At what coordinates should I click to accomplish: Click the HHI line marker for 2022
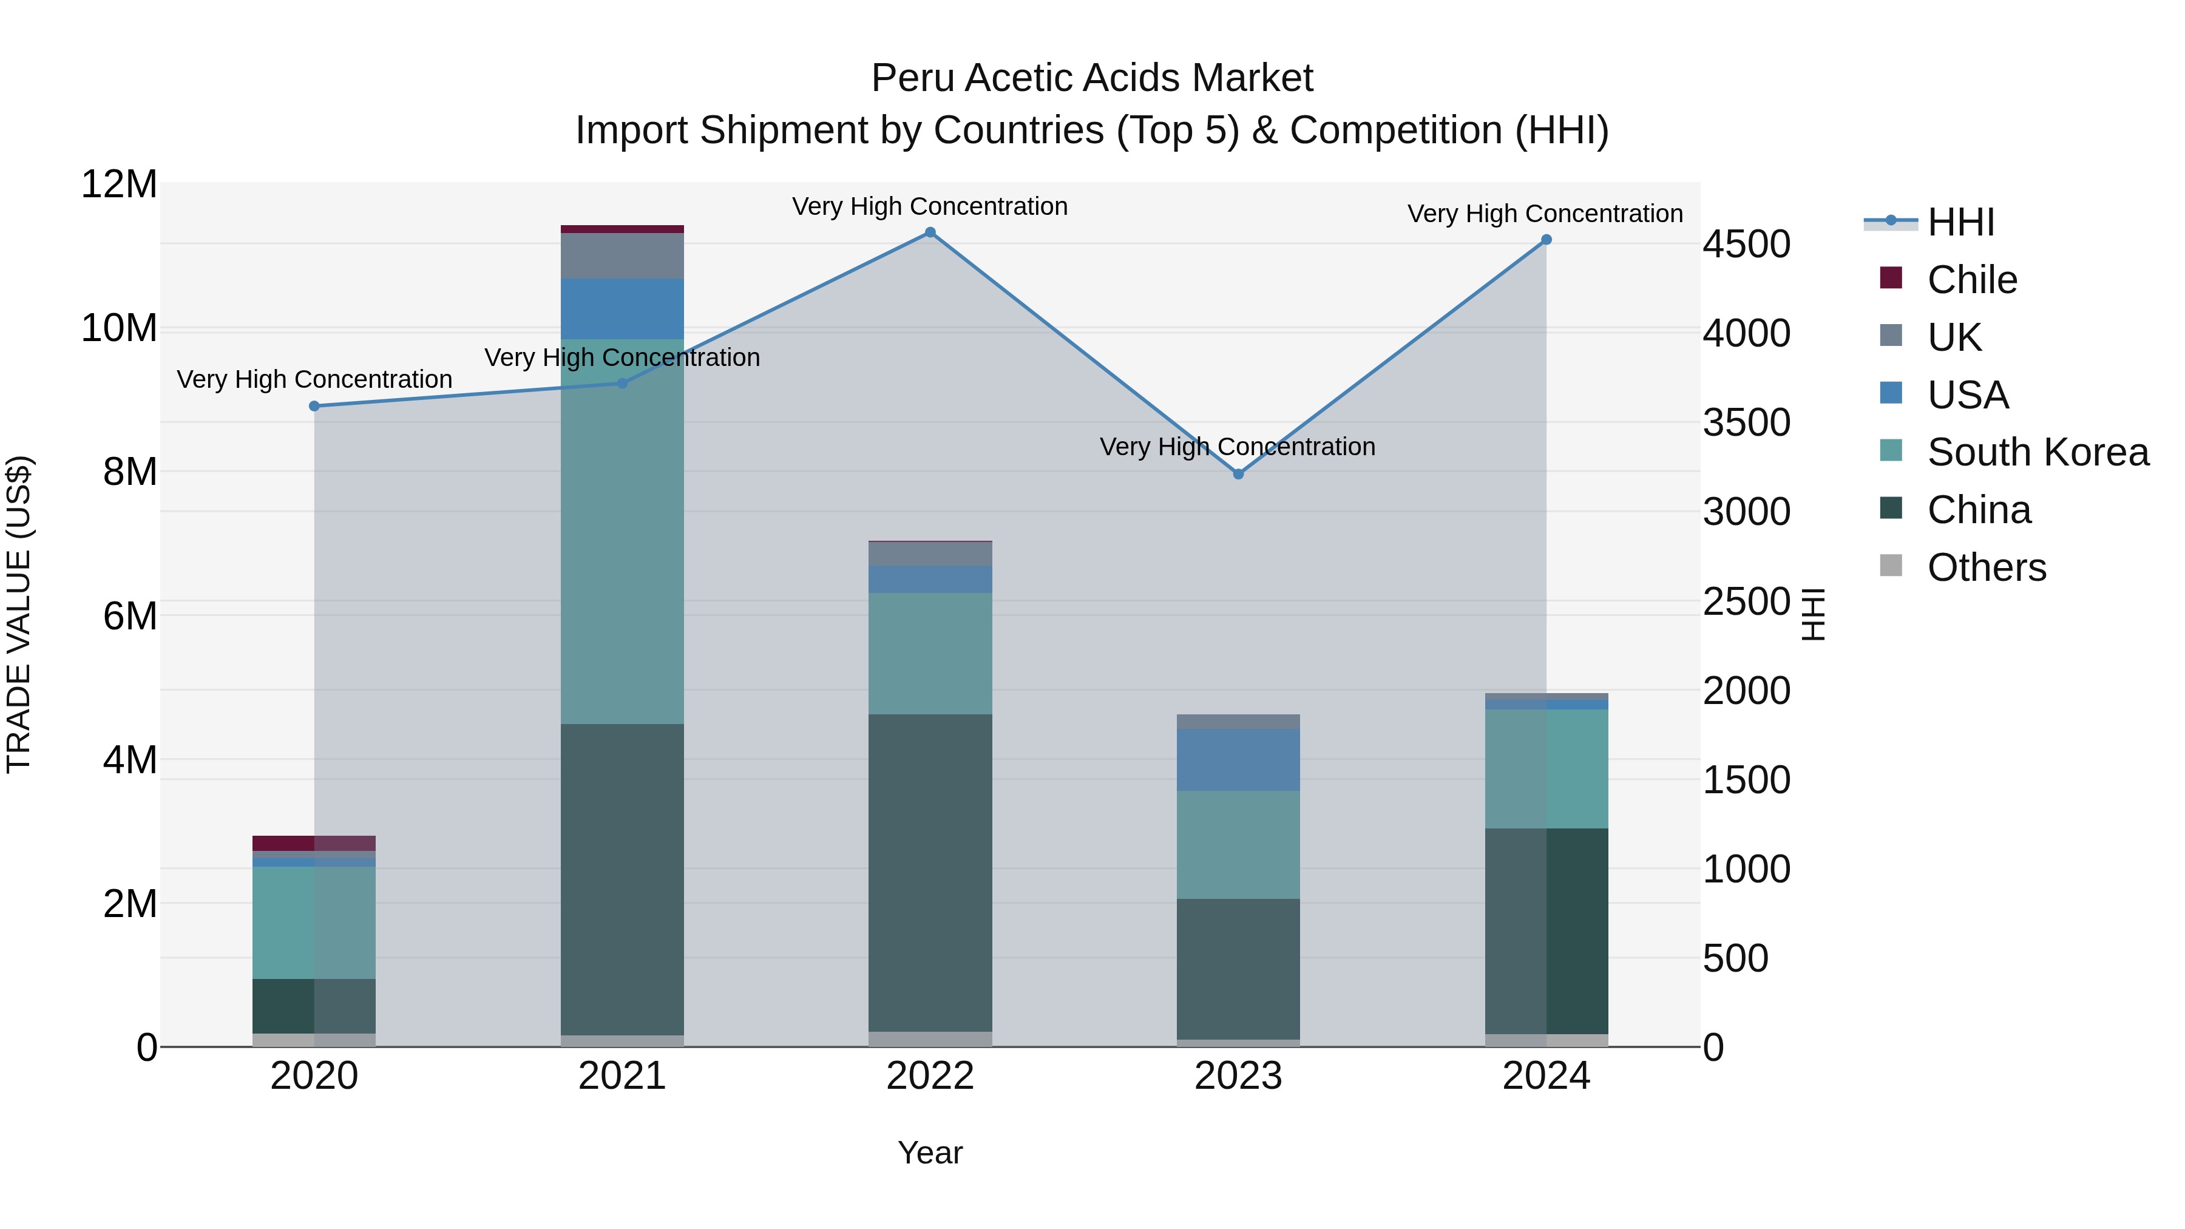tap(930, 232)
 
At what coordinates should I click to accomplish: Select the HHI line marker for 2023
tap(1238, 474)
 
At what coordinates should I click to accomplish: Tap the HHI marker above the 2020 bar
tap(314, 406)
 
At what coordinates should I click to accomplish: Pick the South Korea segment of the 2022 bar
tap(930, 653)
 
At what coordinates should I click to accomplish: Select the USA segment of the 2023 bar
tap(1238, 760)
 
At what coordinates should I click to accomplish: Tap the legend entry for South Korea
tap(2038, 452)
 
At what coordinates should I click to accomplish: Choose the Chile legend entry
tap(1971, 280)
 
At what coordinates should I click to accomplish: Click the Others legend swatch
tap(1891, 566)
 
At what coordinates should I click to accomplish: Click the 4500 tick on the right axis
tap(1746, 244)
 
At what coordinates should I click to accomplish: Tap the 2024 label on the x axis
tap(1545, 1076)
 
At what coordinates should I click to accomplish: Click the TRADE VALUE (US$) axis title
tap(19, 614)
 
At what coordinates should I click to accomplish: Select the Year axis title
tap(930, 1153)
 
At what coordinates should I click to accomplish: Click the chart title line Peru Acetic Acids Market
tap(1092, 78)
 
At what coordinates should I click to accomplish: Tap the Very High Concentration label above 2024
tap(1545, 214)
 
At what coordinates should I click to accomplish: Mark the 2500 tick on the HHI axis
tap(1746, 601)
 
